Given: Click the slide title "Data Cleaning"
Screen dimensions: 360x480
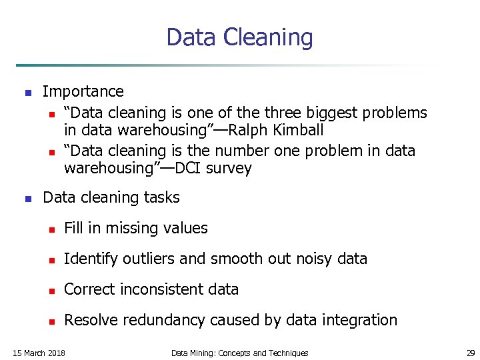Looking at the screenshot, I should (239, 37).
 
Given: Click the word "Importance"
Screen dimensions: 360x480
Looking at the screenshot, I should (83, 91).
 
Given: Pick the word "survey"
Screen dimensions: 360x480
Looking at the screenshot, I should (229, 169).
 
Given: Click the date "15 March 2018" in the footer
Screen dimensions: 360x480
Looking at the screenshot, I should (39, 353).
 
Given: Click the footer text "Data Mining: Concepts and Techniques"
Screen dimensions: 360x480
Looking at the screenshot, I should (239, 353).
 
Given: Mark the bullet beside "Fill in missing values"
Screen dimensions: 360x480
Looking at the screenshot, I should (49, 229).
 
